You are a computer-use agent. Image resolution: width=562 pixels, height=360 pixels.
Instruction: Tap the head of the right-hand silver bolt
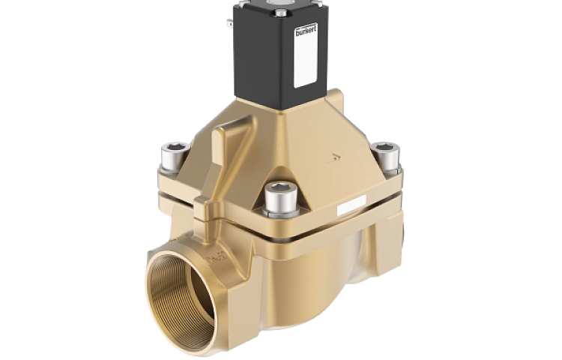[385, 148]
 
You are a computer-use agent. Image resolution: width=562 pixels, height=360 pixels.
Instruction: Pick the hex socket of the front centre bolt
[280, 188]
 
